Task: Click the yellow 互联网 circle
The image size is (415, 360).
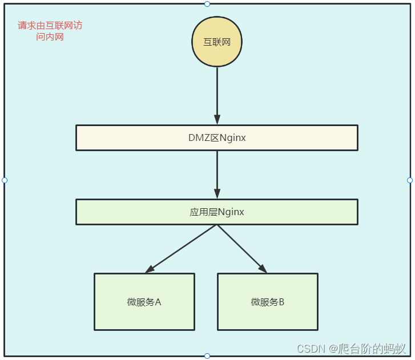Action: click(217, 42)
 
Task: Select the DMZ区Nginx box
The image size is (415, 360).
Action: click(217, 137)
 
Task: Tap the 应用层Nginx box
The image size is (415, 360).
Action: click(217, 212)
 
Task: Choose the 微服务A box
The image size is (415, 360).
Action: click(144, 302)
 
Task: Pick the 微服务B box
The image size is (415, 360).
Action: click(267, 302)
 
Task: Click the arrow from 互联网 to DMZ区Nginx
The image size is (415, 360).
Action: click(217, 91)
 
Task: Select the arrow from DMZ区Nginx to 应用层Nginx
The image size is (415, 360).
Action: click(217, 171)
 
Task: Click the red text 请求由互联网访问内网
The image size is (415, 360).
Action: click(50, 31)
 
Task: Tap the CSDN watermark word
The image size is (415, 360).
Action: click(311, 348)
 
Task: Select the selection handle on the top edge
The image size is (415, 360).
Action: click(207, 4)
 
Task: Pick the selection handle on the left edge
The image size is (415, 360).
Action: click(5, 180)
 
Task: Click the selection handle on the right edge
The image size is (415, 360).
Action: click(410, 180)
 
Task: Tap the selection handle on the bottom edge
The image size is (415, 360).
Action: click(207, 356)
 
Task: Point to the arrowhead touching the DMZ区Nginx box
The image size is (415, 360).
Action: click(217, 120)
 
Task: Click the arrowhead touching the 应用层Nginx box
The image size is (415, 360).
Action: click(217, 194)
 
